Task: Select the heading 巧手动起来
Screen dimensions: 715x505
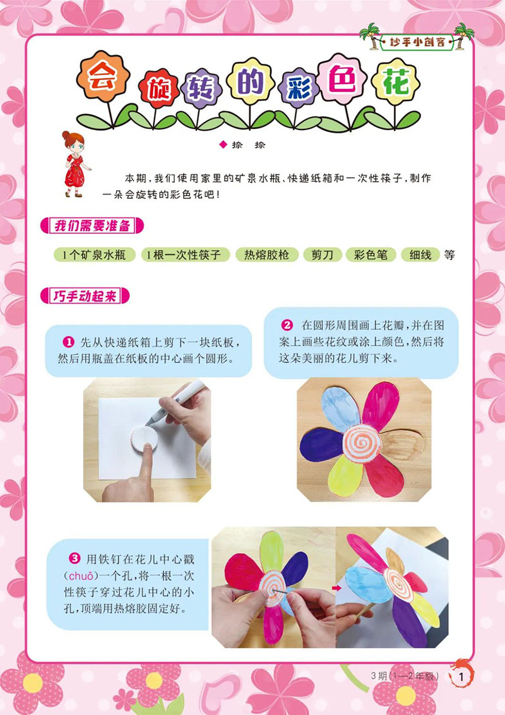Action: tap(85, 296)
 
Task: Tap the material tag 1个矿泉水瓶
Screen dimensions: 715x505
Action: tap(94, 255)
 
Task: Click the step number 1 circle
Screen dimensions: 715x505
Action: tap(69, 342)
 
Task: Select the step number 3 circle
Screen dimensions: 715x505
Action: tap(74, 558)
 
